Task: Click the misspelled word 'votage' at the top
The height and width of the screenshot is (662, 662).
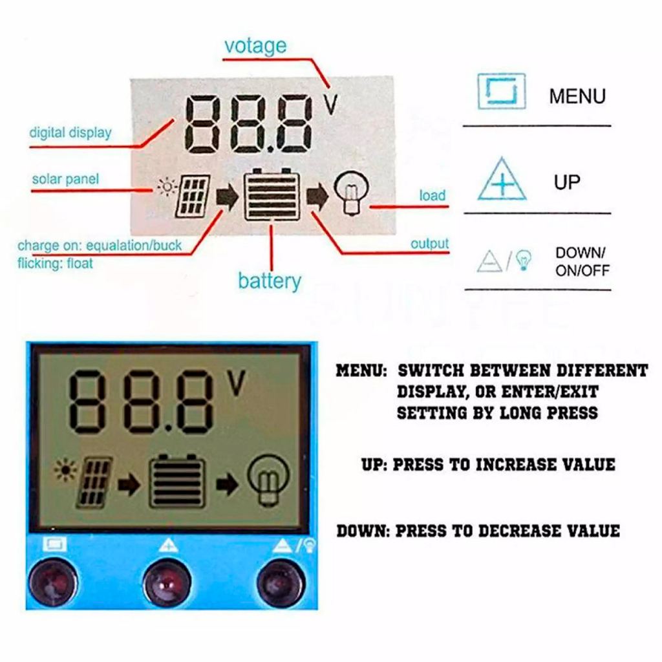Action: pos(255,46)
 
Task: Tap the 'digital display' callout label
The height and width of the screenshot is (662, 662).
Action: pos(70,133)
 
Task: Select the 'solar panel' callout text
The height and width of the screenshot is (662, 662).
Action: pos(65,179)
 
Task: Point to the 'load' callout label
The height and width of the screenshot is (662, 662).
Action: pos(432,195)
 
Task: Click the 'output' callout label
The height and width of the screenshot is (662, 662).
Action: pos(429,244)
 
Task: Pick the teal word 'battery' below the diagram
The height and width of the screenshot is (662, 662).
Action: pos(270,281)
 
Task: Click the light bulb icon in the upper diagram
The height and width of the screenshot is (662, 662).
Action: pos(351,193)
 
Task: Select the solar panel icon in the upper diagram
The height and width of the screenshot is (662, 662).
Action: pos(193,197)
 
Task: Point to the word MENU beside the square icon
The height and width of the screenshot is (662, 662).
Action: pos(577,96)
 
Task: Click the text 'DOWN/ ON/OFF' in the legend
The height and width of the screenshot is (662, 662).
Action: pos(582,261)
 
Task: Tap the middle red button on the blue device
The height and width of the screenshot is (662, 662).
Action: pos(167,582)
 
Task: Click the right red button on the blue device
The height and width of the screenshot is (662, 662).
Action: pos(281,583)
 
